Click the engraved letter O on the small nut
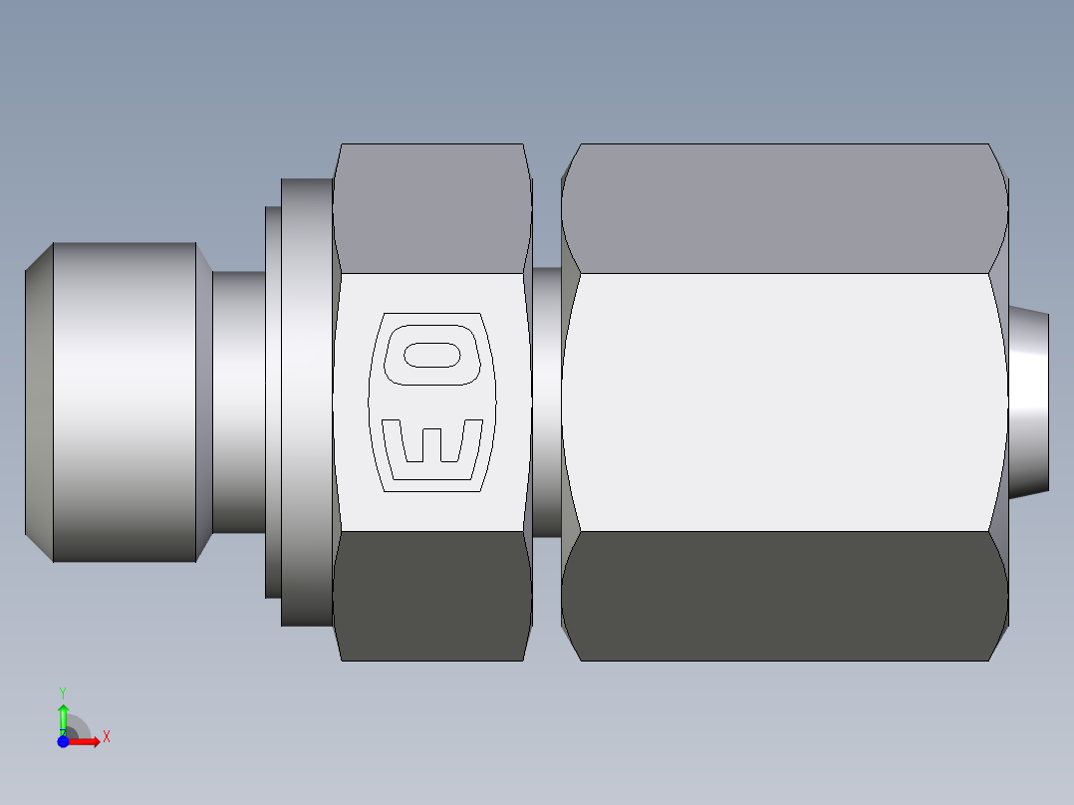tap(433, 355)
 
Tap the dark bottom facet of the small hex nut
tap(431, 595)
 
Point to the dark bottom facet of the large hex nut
tap(784, 595)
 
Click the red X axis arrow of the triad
tap(87, 741)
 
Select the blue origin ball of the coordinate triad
tap(63, 741)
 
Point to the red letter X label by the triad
tap(107, 737)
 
